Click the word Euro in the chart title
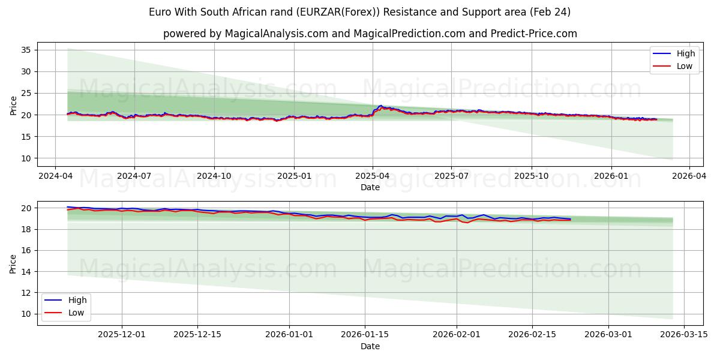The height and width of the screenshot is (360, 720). point(160,12)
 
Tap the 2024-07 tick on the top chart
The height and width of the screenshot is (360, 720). point(134,176)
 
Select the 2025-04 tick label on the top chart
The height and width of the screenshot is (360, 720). point(372,176)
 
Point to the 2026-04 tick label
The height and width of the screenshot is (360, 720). point(689,176)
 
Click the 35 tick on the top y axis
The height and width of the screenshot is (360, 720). point(26,50)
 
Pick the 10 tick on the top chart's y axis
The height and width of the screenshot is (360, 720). point(26,158)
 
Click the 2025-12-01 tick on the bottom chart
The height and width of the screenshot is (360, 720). point(122,335)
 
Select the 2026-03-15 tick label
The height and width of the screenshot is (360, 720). point(684,335)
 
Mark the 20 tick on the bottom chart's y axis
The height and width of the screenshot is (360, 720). point(26,208)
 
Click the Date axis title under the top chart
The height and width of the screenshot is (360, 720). point(370,187)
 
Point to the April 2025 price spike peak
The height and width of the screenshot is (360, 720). point(380,106)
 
